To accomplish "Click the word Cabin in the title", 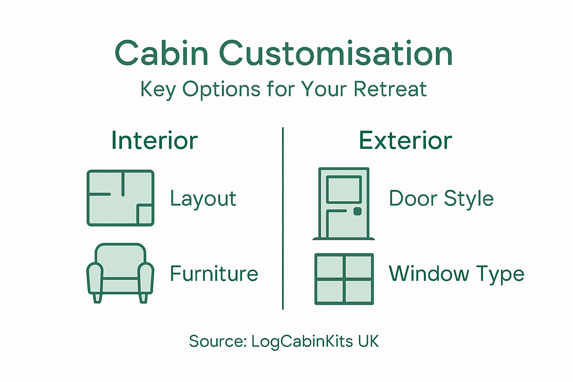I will click(x=161, y=53).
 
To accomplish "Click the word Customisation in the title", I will click(x=336, y=53).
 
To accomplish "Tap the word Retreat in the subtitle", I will click(x=390, y=89).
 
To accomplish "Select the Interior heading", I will click(x=154, y=141).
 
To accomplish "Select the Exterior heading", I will click(x=406, y=141).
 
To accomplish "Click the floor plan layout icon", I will click(x=120, y=198).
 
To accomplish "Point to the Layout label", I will click(x=203, y=198).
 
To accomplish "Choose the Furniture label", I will click(x=214, y=273).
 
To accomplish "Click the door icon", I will click(x=344, y=203).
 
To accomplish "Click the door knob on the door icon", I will click(x=357, y=212).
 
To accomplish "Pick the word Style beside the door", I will click(x=469, y=198).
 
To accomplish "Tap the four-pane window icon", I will click(x=344, y=279).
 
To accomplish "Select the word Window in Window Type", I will click(x=429, y=273).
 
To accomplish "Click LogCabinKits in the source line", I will click(x=302, y=341).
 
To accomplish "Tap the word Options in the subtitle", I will click(x=221, y=90).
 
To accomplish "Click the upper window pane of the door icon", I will click(x=344, y=189).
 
